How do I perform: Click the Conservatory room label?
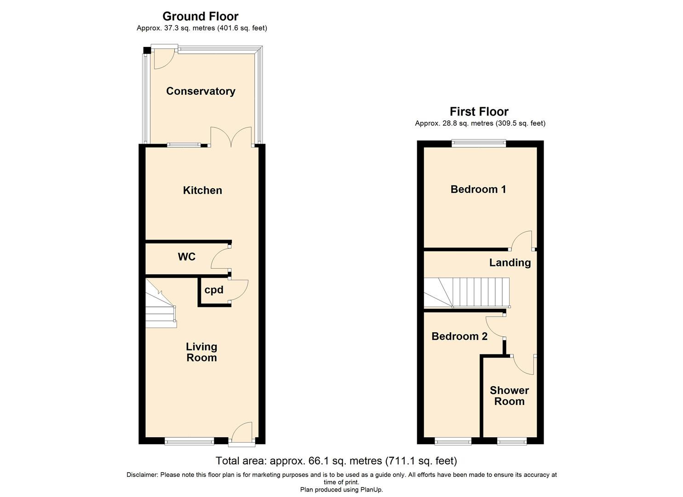(x=201, y=91)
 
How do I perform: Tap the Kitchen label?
(x=202, y=190)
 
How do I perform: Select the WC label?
(x=187, y=257)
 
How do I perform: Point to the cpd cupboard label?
(x=214, y=290)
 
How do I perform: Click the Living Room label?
(x=201, y=352)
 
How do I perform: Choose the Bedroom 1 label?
(x=478, y=189)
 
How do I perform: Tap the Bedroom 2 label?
(x=459, y=336)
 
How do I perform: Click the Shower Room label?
(x=509, y=396)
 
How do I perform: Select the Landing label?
(x=510, y=263)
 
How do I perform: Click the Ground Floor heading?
(x=201, y=17)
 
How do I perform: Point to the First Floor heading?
(x=479, y=112)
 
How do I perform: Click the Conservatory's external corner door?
(x=163, y=58)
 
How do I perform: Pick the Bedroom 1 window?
(x=478, y=144)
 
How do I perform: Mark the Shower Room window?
(x=511, y=442)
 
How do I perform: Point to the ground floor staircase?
(x=161, y=308)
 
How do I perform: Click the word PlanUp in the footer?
(x=371, y=490)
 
